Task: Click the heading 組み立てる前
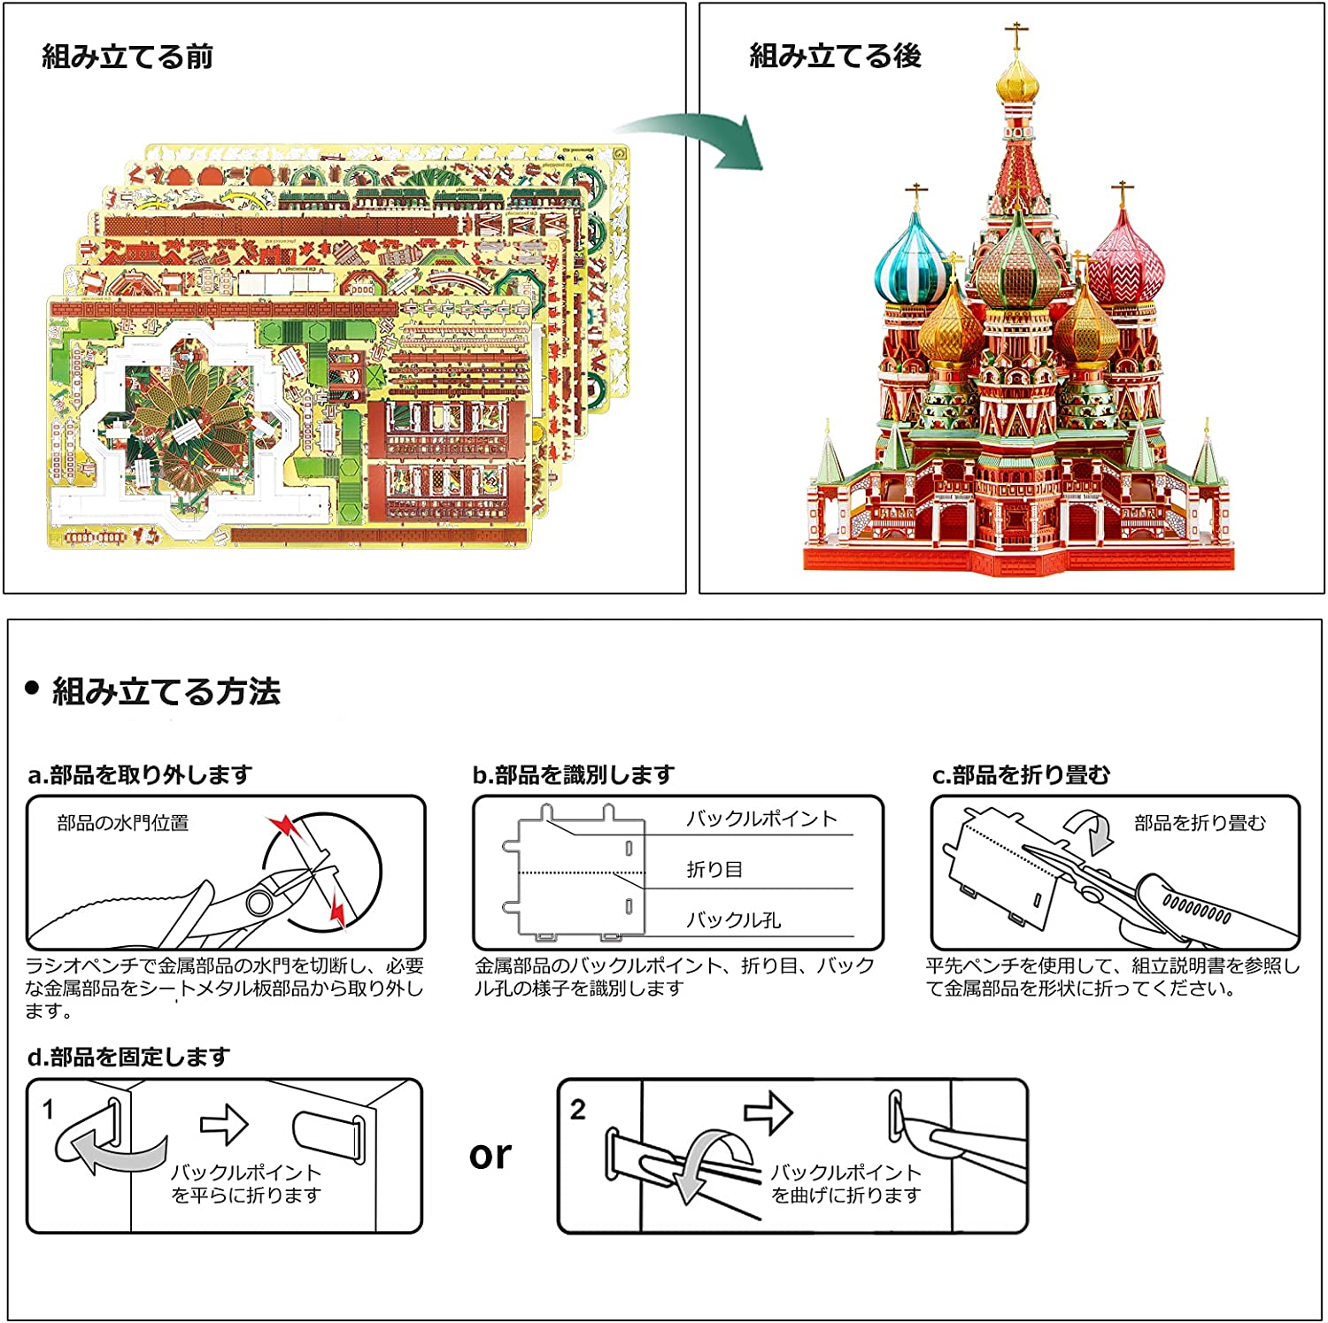[127, 57]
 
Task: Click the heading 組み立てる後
[835, 56]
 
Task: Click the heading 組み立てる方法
[166, 691]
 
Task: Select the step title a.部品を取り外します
[140, 775]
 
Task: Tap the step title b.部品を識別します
[574, 775]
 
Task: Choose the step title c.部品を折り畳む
[1021, 775]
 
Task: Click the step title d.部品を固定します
[128, 1057]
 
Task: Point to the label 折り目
[714, 869]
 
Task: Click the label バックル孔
[733, 920]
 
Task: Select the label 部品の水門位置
[123, 823]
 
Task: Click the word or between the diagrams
[490, 1155]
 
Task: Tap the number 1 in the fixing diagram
[49, 1109]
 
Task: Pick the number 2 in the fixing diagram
[578, 1109]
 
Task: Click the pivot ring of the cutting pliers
[259, 903]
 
